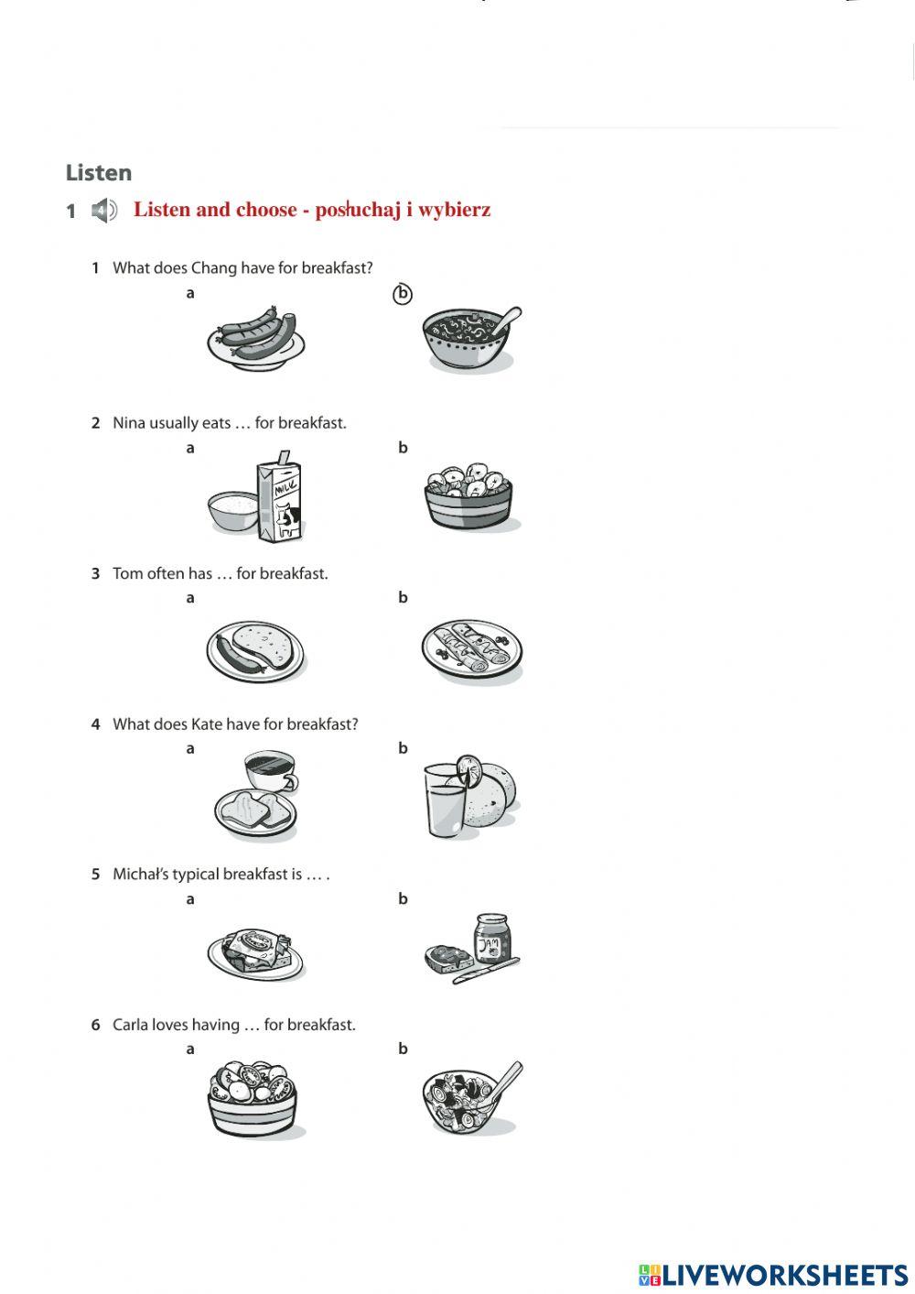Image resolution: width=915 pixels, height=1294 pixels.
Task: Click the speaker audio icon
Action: tap(104, 211)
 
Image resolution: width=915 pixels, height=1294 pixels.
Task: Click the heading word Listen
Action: tap(99, 173)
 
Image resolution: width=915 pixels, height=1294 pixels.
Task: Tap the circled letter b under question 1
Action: tap(403, 294)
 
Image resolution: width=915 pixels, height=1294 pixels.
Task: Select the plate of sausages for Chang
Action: tap(255, 338)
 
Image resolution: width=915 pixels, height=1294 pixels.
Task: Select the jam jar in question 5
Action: tap(492, 938)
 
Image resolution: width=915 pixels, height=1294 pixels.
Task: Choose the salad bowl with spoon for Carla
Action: tap(468, 1099)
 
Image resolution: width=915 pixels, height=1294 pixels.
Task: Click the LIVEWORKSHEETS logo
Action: tap(773, 1275)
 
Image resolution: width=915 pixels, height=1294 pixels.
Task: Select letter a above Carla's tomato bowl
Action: tap(190, 1049)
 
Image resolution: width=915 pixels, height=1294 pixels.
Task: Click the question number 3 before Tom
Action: tap(95, 574)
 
